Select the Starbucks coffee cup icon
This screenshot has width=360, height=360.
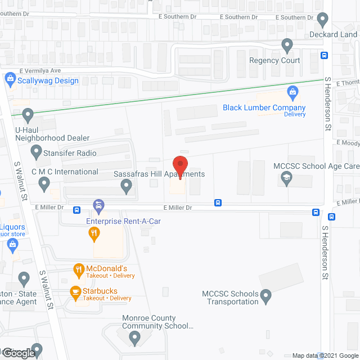pos(74,291)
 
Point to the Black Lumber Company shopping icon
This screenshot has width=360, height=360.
pos(292,92)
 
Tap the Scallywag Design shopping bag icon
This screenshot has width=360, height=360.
pos(10,80)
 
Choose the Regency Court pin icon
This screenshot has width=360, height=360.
pos(287,44)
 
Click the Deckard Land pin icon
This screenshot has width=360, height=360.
pos(322,20)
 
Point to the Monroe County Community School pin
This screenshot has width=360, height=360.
pos(134,338)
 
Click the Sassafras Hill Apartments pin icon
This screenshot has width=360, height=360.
pos(127,187)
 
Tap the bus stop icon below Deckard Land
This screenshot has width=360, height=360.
pos(325,55)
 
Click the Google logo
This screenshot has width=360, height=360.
pos(17,353)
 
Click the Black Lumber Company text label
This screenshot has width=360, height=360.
pos(264,107)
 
